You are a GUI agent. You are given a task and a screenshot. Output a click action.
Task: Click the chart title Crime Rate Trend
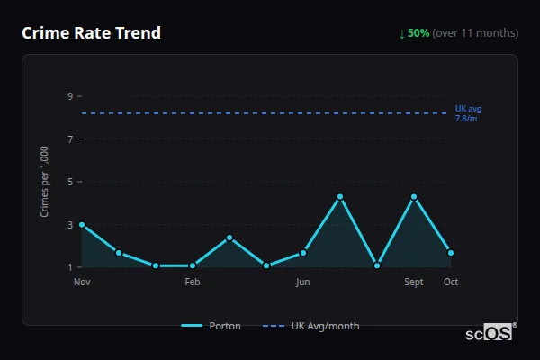tap(91, 33)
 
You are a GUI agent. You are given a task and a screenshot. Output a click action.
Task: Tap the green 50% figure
tap(418, 33)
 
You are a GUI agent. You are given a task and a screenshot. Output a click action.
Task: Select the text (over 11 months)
tap(475, 33)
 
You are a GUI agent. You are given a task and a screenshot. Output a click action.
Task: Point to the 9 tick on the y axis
tap(69, 96)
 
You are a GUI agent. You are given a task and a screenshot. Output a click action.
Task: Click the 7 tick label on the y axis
tap(69, 139)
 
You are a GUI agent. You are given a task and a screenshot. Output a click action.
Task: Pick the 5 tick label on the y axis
tap(69, 182)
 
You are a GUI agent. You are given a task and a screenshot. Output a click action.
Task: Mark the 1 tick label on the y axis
tap(69, 267)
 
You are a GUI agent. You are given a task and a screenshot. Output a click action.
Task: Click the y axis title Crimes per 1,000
tap(45, 182)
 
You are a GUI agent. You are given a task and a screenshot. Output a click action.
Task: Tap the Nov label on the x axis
tap(82, 282)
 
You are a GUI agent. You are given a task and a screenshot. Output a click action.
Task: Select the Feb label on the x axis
tap(193, 282)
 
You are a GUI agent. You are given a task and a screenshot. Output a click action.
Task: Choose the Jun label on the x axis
tap(303, 282)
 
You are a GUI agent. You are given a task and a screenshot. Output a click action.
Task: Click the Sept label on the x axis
tap(414, 282)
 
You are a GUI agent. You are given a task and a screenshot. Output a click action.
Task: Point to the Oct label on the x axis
tap(451, 282)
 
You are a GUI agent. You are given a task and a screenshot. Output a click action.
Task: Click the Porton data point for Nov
tap(82, 224)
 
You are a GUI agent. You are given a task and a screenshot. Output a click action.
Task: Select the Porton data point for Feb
tap(193, 265)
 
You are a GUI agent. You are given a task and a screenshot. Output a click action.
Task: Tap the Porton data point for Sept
tap(414, 196)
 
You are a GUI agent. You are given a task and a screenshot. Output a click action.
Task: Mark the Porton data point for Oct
tap(451, 253)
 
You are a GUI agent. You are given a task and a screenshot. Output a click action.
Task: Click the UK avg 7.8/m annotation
tap(468, 113)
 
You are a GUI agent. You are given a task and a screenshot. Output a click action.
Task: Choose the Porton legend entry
tap(211, 326)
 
